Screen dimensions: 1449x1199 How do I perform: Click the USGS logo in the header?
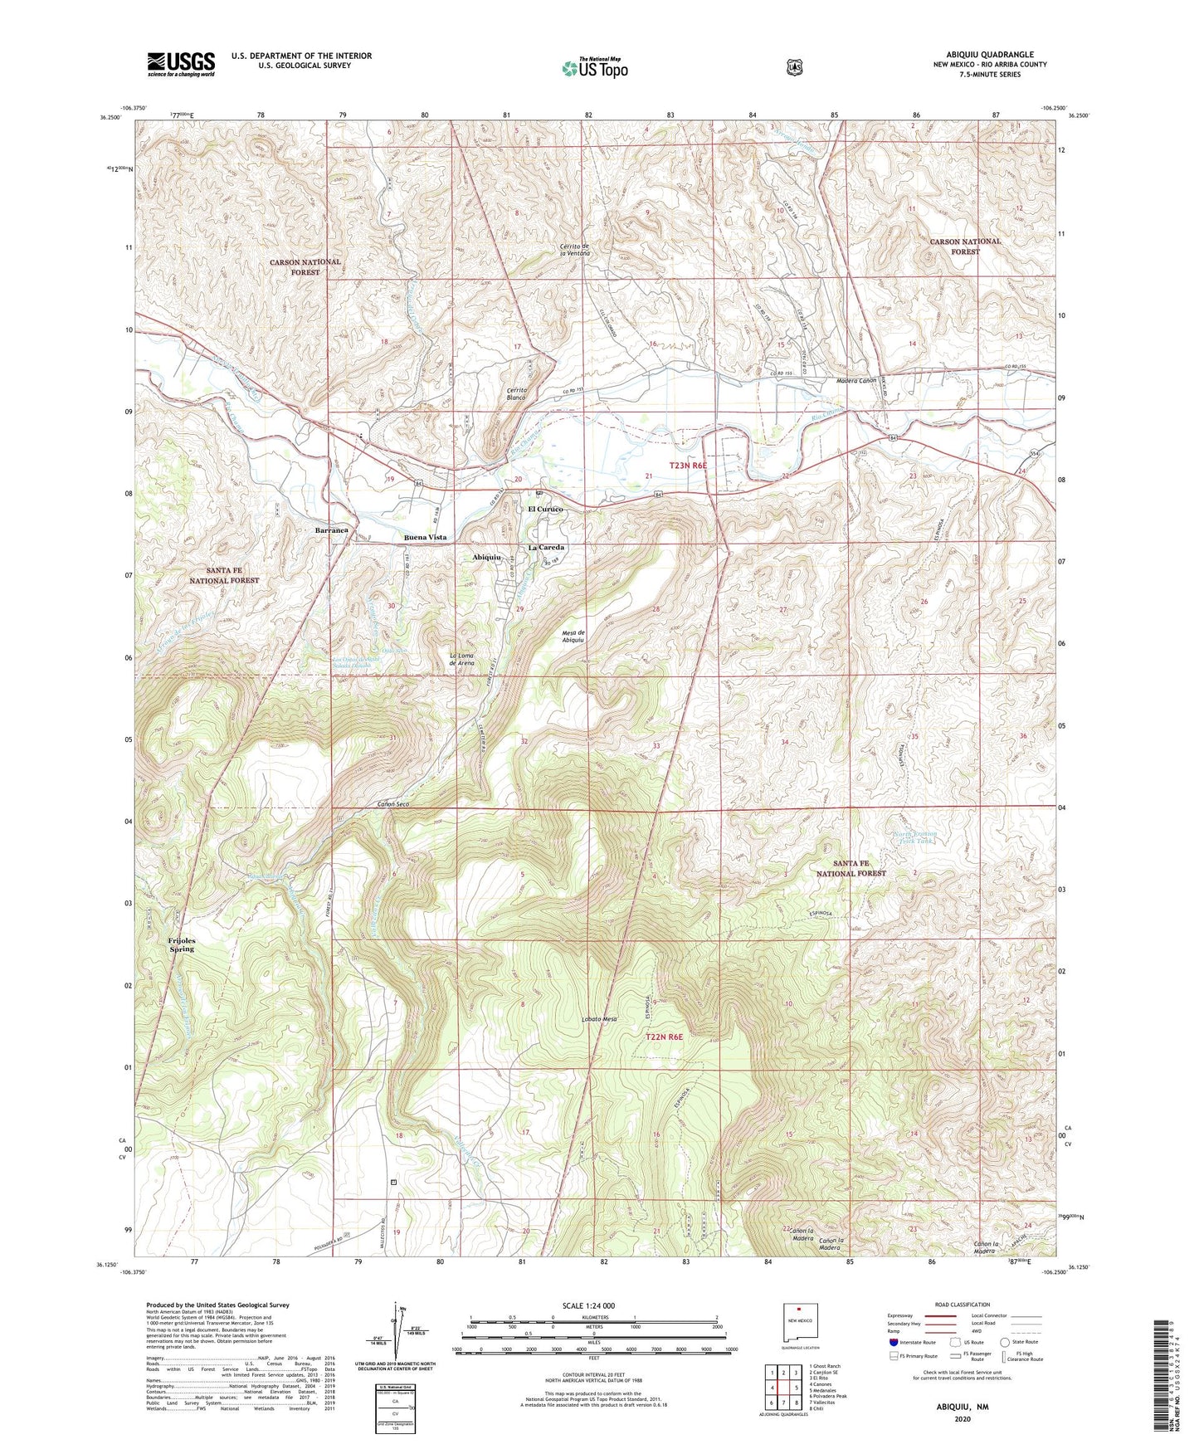[181, 64]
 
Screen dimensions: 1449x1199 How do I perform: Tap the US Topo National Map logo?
[593, 67]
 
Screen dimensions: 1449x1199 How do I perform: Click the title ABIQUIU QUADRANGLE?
[990, 55]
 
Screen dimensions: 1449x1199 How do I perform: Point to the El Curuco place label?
[545, 510]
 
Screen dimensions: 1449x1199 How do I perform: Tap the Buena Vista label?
[425, 537]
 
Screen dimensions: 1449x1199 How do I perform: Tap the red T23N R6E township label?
[676, 466]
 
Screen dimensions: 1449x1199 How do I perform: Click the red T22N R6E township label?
[664, 1037]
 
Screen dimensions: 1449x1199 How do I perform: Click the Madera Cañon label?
[855, 380]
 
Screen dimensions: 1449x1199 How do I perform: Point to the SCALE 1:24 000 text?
[588, 1306]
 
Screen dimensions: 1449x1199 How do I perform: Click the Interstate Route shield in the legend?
[893, 1342]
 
